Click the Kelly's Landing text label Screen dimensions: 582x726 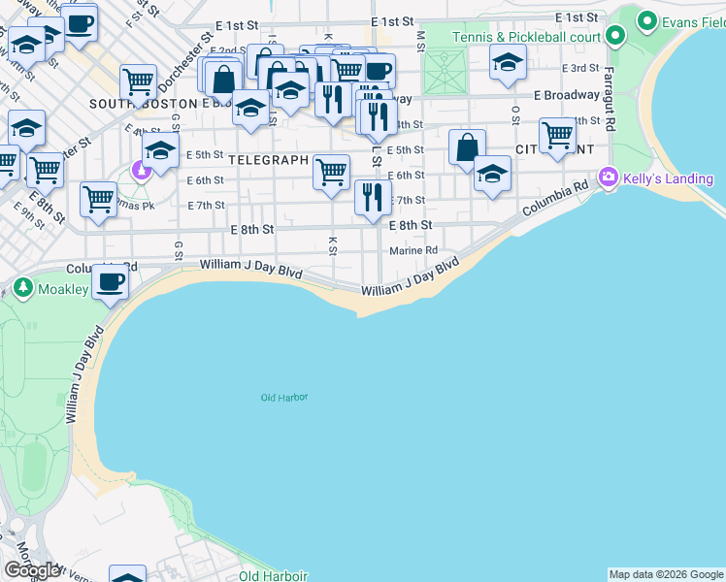[x=669, y=178]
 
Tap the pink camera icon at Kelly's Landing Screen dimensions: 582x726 [x=609, y=177]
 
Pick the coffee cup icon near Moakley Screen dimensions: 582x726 [x=110, y=282]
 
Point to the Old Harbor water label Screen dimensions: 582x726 [x=283, y=398]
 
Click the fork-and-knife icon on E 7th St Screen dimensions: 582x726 [x=374, y=198]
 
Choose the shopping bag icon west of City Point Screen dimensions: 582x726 [x=467, y=147]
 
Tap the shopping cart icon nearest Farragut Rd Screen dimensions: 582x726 [x=557, y=134]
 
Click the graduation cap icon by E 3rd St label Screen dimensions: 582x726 [x=506, y=64]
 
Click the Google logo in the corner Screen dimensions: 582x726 [x=32, y=570]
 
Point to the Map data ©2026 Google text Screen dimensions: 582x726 [x=666, y=574]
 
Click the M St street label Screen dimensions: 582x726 [x=420, y=40]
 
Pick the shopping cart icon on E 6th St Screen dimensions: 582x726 [x=331, y=172]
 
